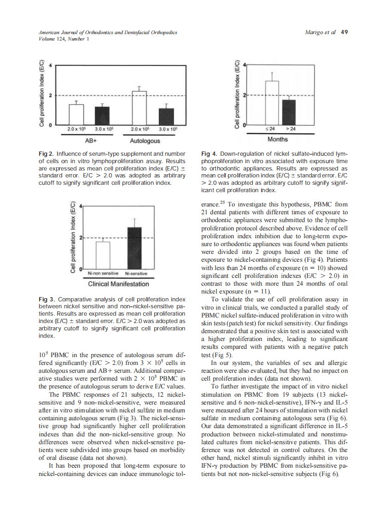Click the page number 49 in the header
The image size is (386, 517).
tap(344, 32)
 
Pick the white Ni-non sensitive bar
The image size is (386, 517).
tap(103, 255)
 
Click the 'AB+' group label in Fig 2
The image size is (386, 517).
tap(89, 140)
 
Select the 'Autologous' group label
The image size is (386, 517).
tap(145, 140)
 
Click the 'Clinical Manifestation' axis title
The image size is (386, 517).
tap(118, 284)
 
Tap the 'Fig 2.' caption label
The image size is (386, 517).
tap(46, 153)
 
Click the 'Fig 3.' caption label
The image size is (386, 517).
tap(46, 300)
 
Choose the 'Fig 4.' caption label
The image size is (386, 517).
tap(210, 153)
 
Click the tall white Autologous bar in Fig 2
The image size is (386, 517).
tap(139, 108)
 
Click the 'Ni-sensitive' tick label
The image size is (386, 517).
tap(135, 273)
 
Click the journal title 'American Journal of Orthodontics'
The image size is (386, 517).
tap(73, 32)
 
